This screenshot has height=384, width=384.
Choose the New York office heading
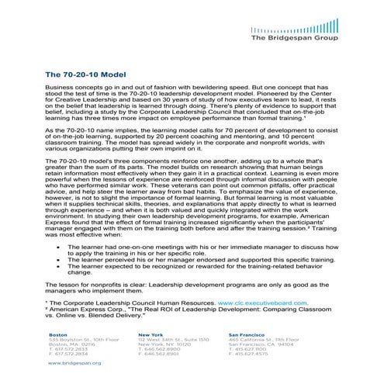[150, 334]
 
